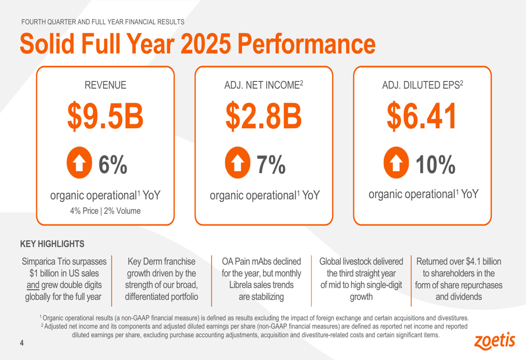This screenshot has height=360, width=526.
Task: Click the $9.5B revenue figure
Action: [x=105, y=117]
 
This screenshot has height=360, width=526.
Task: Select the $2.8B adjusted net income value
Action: [x=264, y=117]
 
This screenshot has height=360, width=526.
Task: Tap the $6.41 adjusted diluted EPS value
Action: [x=422, y=117]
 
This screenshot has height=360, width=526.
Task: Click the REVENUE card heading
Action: [x=105, y=85]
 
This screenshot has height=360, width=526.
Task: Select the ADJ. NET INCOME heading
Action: [x=264, y=85]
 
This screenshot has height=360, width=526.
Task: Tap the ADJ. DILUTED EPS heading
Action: [x=422, y=85]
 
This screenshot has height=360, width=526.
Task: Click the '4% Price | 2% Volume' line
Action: [x=105, y=211]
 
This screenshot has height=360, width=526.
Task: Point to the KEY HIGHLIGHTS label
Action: [x=52, y=244]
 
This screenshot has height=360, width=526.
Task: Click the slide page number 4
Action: [x=22, y=343]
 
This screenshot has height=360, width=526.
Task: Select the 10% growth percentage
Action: [x=435, y=164]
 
